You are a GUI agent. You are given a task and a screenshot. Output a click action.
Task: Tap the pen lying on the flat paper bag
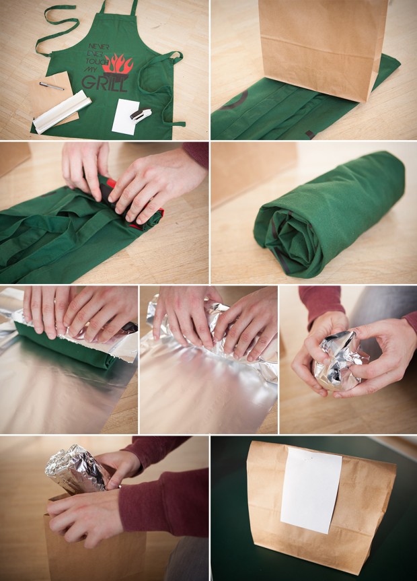tap(52, 86)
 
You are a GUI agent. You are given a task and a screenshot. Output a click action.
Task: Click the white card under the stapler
tap(124, 118)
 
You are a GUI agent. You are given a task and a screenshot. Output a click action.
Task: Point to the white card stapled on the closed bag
tap(311, 490)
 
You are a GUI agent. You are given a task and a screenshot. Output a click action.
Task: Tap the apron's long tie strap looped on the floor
tap(54, 27)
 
